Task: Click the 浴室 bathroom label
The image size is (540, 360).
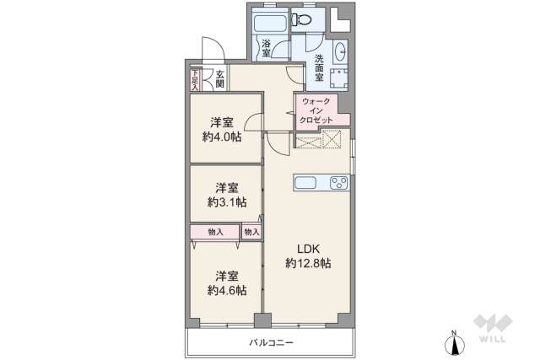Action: click(266, 48)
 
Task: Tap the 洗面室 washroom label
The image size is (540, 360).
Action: click(320, 67)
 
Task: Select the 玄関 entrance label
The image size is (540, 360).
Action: click(219, 78)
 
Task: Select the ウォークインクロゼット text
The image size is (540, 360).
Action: click(316, 110)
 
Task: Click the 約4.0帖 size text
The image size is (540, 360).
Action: click(222, 137)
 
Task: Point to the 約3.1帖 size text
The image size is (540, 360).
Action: click(227, 201)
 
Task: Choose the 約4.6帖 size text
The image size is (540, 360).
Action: click(227, 289)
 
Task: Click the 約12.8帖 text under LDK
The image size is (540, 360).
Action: click(308, 263)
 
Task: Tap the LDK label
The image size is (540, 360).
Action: click(307, 248)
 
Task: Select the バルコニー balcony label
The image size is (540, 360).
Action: click(270, 341)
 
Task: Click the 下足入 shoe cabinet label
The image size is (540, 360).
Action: click(195, 78)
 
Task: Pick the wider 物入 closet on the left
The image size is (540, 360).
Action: click(215, 232)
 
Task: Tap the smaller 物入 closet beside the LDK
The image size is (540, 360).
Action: click(251, 232)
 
